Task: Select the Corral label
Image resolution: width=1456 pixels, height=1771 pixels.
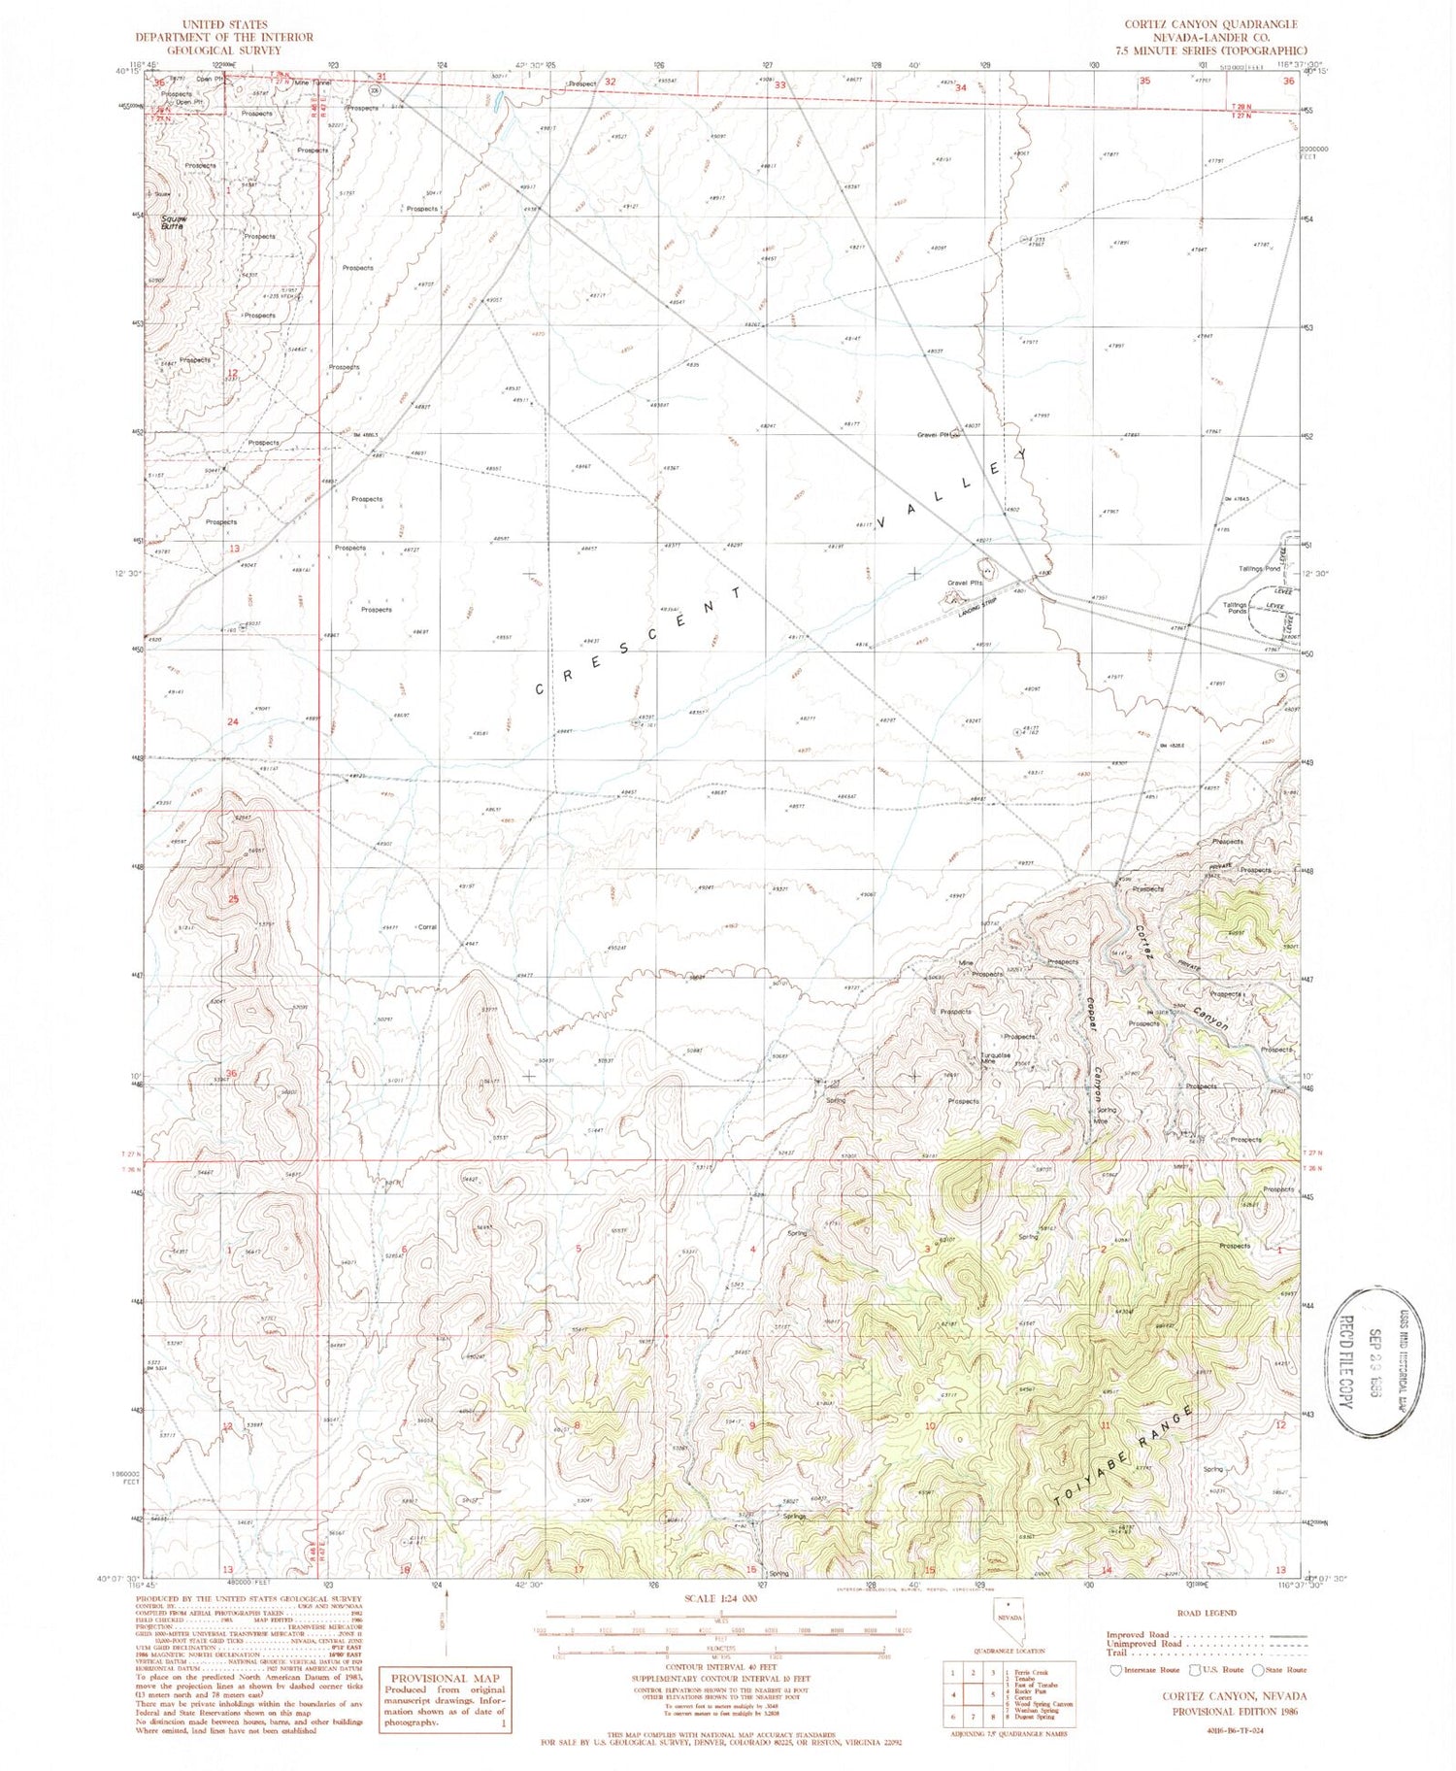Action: point(426,927)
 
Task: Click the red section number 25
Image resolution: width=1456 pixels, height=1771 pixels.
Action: point(233,899)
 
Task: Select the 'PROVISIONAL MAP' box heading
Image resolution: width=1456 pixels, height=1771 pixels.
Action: point(445,1678)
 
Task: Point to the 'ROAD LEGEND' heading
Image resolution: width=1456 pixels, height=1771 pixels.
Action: point(1207,1613)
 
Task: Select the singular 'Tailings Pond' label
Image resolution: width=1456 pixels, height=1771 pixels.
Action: point(1259,569)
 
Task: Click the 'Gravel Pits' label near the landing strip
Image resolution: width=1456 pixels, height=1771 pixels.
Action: point(966,584)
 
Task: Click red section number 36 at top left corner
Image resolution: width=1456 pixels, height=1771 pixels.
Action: point(159,84)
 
